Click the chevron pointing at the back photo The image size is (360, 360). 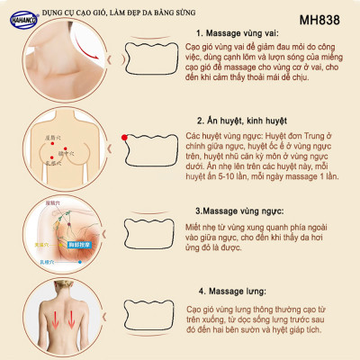96,318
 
